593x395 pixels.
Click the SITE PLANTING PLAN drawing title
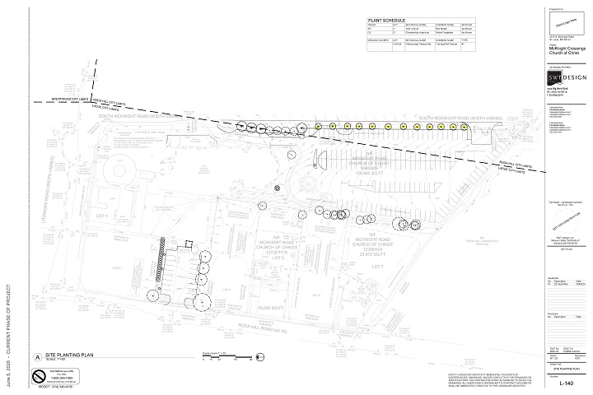pyautogui.click(x=74, y=351)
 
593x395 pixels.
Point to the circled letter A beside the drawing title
pyautogui.click(x=36, y=355)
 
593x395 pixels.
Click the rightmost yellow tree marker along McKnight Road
pyautogui.click(x=465, y=126)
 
